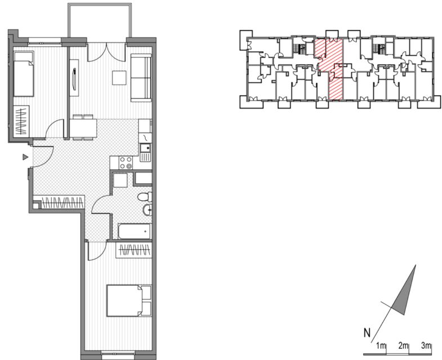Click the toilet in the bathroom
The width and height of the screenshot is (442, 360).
tap(145, 197)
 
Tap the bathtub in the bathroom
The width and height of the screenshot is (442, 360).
tap(135, 232)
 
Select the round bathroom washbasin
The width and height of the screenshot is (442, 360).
tap(148, 210)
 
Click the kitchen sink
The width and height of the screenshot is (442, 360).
tap(146, 152)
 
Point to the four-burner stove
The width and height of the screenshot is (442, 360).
tap(126, 163)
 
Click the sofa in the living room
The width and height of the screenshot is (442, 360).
tap(141, 78)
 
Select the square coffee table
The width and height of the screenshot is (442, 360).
tap(119, 78)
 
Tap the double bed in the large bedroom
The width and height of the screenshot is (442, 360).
tap(129, 300)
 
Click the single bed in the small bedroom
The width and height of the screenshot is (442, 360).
tap(24, 74)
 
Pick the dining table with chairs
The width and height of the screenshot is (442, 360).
tap(83, 128)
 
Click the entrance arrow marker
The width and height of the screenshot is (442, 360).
tap(25, 157)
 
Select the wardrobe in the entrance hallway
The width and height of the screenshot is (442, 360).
tap(62, 202)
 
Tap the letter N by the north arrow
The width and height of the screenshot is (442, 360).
tap(367, 333)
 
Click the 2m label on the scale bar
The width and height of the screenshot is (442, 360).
tap(403, 345)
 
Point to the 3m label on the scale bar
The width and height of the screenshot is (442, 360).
tap(426, 345)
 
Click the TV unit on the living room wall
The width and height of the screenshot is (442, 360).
tap(74, 78)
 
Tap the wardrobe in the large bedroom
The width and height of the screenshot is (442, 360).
tap(134, 250)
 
